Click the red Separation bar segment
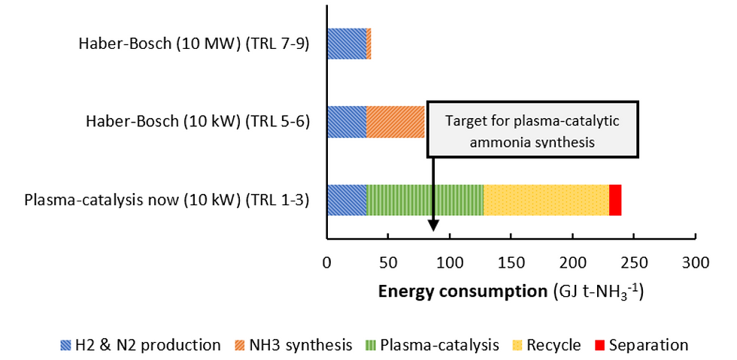[x=615, y=200]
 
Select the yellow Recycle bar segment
[x=546, y=200]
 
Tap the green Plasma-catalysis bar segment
[x=425, y=200]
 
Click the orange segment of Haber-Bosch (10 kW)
[x=396, y=122]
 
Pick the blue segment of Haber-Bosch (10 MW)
[x=347, y=44]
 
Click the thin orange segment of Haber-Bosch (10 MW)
[x=369, y=44]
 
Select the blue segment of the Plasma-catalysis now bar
[x=347, y=200]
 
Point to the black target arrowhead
[x=434, y=225]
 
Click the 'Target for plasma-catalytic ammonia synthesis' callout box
[x=532, y=129]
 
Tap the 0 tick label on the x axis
[x=327, y=264]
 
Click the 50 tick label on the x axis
[x=388, y=264]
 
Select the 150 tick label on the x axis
[x=511, y=264]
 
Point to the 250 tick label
[x=633, y=264]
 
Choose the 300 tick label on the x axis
[x=695, y=264]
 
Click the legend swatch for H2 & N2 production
[x=65, y=346]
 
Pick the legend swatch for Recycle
[x=517, y=346]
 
